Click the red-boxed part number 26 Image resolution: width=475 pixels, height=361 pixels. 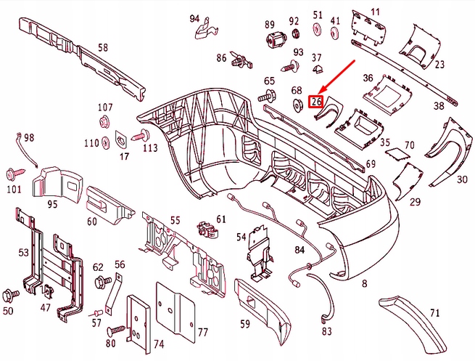pyautogui.click(x=315, y=102)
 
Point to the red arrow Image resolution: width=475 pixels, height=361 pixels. pyautogui.click(x=336, y=79)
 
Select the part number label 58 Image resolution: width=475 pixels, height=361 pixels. pyautogui.click(x=103, y=48)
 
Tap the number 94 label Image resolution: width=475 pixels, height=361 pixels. pyautogui.click(x=194, y=18)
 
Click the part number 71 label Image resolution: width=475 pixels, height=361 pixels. pyautogui.click(x=435, y=313)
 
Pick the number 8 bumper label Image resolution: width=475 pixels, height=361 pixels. pyautogui.click(x=365, y=283)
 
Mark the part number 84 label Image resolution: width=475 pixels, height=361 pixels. pyautogui.click(x=299, y=251)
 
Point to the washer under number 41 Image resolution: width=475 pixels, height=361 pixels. pyautogui.click(x=335, y=34)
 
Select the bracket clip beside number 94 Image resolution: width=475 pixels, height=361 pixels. pyautogui.click(x=207, y=29)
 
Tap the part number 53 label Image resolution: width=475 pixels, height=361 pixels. pyautogui.click(x=24, y=252)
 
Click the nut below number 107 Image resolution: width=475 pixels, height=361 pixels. pyautogui.click(x=103, y=122)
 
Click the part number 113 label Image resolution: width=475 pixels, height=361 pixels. pyautogui.click(x=149, y=148)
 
